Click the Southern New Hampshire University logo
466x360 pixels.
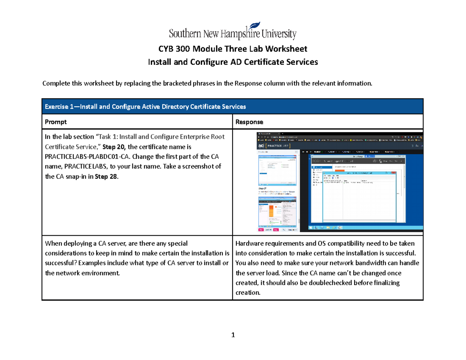click(x=232, y=31)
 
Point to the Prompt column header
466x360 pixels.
click(x=56, y=122)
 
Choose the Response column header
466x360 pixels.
click(x=249, y=122)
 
